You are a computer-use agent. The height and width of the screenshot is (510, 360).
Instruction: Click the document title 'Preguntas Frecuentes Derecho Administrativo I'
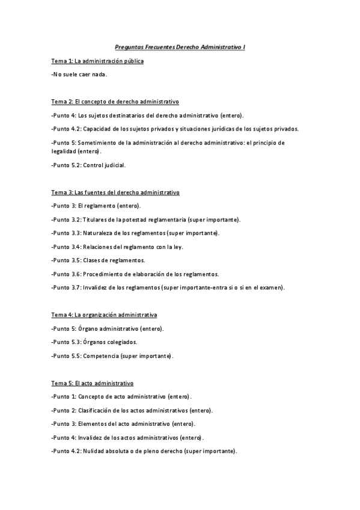point(180,46)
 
